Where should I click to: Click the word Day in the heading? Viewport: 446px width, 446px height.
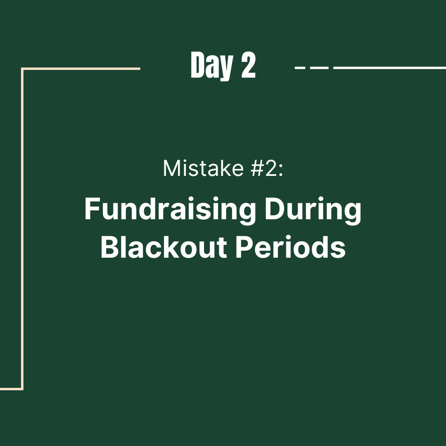tap(212, 66)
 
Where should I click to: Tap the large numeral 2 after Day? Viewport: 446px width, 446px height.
tap(249, 65)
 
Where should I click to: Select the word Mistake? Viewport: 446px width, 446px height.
tap(203, 168)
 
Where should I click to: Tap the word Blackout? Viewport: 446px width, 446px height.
tap(164, 247)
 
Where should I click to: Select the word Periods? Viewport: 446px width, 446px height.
tap(291, 247)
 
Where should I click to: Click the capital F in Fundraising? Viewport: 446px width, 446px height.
tap(92, 209)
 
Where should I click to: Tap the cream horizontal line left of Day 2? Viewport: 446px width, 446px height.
tap(81, 69)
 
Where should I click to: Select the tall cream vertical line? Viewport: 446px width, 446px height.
tap(22, 228)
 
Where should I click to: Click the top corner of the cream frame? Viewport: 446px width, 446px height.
tap(22, 69)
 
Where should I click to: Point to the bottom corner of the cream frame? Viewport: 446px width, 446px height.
tap(22, 389)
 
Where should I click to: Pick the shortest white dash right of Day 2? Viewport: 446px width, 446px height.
tap(300, 68)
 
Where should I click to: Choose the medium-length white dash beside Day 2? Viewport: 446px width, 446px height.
tap(319, 68)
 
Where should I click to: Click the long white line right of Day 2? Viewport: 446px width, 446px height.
tap(390, 68)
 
